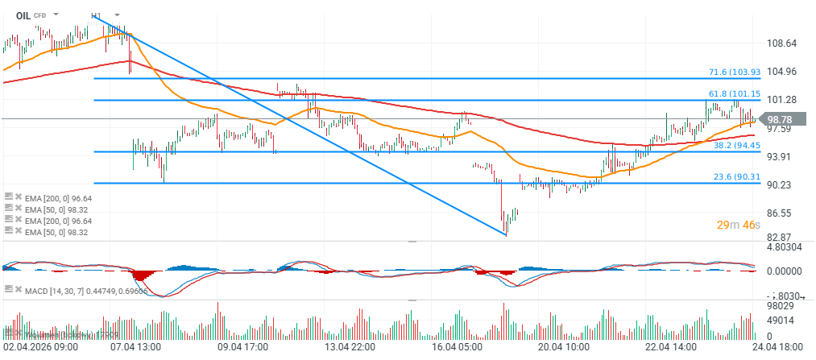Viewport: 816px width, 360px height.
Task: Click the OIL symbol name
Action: click(23, 14)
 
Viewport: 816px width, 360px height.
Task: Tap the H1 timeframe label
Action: click(96, 15)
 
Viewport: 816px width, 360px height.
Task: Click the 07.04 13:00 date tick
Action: click(135, 347)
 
